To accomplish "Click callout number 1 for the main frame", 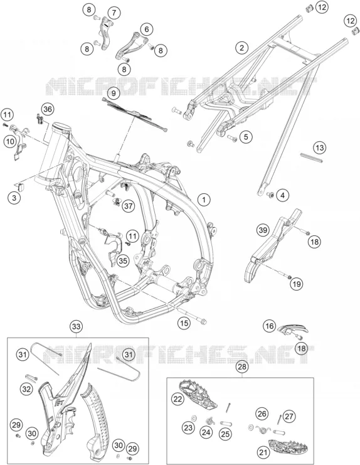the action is click(204, 200).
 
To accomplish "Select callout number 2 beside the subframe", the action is click(242, 48).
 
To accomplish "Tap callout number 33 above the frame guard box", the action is click(76, 326).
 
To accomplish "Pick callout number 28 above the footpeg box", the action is click(242, 367).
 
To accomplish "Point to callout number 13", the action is click(319, 147).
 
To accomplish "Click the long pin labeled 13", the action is click(310, 158).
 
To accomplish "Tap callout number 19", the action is click(297, 284).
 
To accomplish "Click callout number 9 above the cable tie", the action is click(114, 94).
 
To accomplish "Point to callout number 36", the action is click(48, 109).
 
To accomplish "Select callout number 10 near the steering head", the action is click(10, 141).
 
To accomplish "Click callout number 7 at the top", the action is click(114, 13).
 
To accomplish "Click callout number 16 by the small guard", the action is click(269, 326).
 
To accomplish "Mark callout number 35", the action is click(123, 260).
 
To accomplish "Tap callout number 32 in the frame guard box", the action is click(26, 388).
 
